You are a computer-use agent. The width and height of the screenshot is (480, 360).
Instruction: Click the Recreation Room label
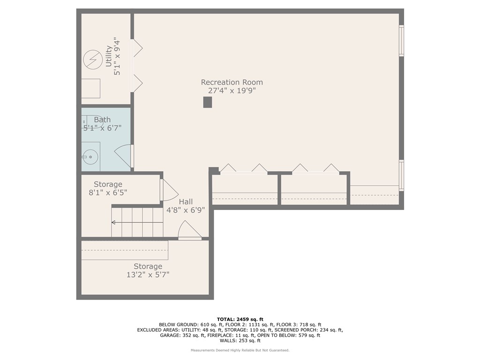232,82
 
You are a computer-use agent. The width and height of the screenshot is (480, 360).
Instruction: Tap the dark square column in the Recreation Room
208,102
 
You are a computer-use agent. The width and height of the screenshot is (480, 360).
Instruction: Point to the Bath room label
102,120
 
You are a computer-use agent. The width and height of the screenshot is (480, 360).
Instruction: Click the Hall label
186,202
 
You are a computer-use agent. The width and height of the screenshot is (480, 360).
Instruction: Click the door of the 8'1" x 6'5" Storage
169,189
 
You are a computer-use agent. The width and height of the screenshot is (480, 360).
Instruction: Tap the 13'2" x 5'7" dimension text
148,275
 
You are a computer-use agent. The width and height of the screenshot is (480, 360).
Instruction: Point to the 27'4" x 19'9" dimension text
232,91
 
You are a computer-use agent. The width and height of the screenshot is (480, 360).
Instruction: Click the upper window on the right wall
401,41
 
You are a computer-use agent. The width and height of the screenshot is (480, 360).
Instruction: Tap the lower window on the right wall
401,175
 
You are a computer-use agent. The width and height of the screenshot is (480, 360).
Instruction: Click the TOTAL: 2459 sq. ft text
240,319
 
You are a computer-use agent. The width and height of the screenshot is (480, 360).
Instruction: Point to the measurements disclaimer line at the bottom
240,350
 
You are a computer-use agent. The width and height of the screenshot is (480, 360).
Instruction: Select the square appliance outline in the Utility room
91,88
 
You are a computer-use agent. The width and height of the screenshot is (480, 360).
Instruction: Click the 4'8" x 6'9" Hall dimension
186,210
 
